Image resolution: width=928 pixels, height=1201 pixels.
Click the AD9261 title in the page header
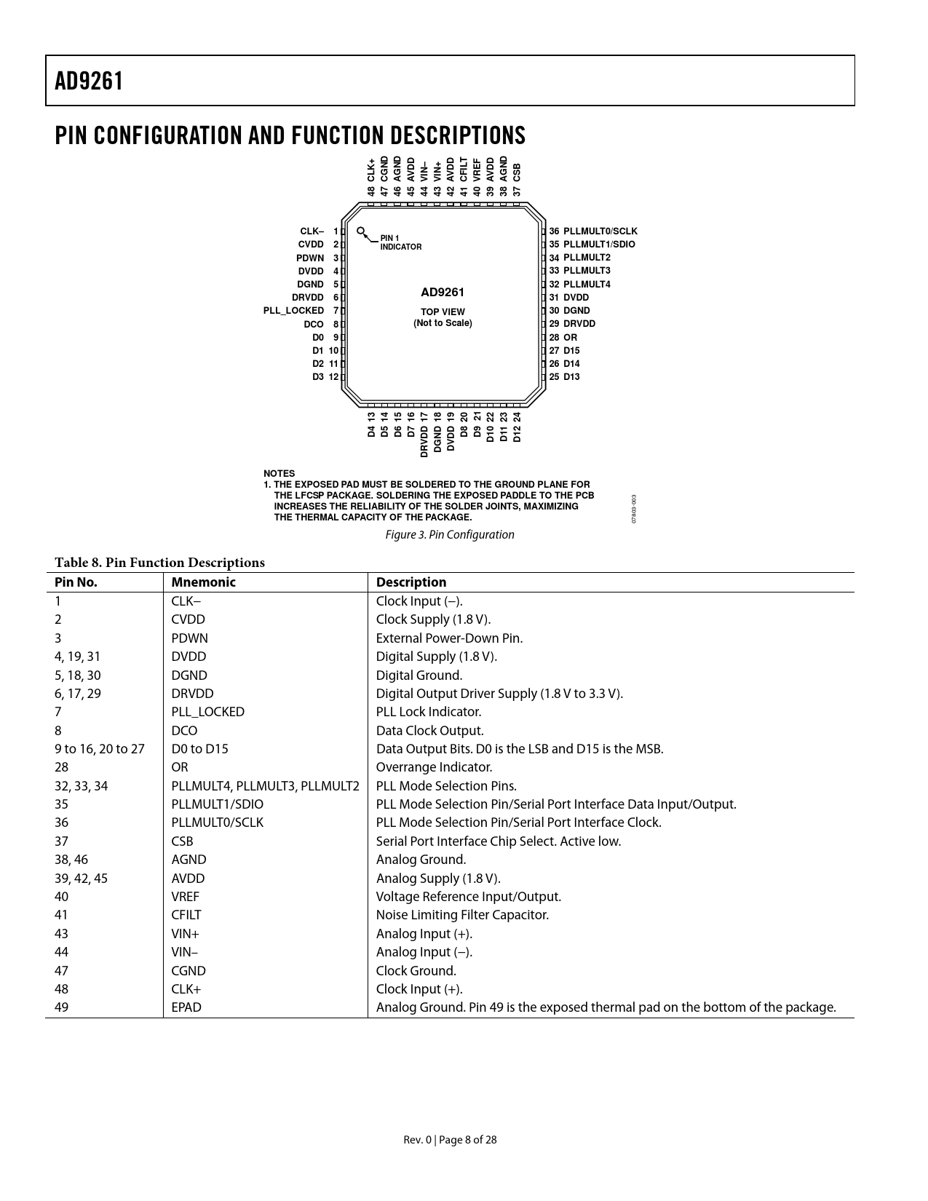89,82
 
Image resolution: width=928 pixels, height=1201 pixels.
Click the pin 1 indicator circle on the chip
361,231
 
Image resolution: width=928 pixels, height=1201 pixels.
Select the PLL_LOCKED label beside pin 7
293,311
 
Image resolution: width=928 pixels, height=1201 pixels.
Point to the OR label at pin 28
570,338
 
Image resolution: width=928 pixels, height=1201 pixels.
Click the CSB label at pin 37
517,173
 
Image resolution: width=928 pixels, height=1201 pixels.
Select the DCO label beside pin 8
314,325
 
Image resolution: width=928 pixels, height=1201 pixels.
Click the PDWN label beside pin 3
310,258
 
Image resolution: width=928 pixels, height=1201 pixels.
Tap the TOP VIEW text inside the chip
443,312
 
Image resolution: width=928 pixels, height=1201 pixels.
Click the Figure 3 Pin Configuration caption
450,535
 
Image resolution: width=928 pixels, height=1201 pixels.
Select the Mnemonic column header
204,582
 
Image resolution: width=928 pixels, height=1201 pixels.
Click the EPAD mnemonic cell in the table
186,1007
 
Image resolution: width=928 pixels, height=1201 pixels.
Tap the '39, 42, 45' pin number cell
81,879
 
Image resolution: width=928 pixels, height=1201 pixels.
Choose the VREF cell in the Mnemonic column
185,897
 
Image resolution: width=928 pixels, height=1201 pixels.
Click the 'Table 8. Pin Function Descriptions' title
159,563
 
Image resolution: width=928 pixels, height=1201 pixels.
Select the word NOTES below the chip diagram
279,474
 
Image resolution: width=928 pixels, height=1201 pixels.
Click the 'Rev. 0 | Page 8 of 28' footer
450,1140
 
